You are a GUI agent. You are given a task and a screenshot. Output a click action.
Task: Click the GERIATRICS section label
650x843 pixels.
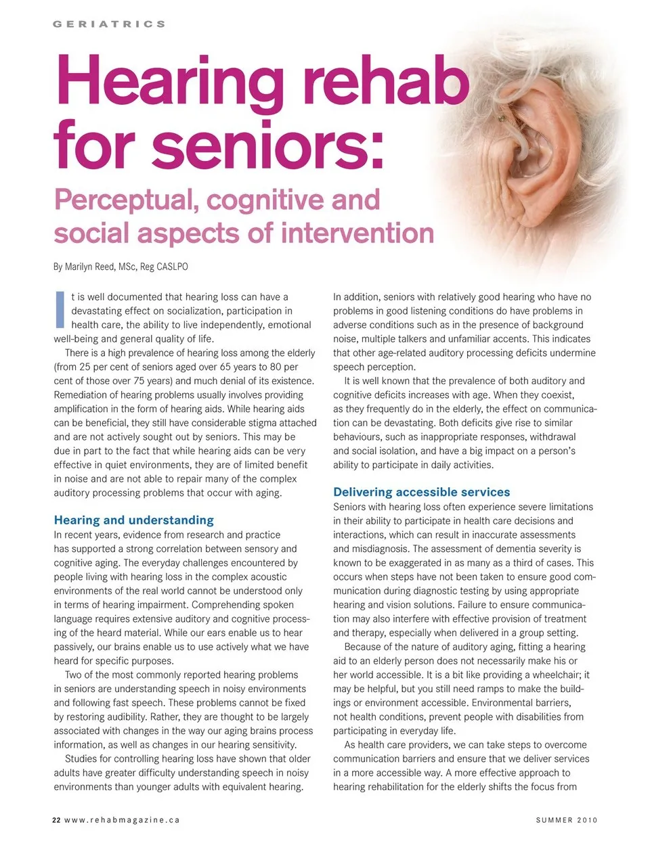109,24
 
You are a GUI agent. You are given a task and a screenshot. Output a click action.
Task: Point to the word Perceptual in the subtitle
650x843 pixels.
126,200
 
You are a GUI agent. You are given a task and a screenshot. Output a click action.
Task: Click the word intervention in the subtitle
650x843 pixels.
357,233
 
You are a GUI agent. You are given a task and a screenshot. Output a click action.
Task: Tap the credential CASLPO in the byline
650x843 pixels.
172,267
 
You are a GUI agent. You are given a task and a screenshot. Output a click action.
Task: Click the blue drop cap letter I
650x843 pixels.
60,309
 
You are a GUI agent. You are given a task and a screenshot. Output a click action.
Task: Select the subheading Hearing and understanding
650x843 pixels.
133,520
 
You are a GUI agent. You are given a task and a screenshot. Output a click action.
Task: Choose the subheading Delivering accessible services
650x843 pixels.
421,492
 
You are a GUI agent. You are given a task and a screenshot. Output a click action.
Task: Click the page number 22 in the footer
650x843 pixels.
56,820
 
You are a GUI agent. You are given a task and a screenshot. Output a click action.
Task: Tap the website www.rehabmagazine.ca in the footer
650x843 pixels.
122,820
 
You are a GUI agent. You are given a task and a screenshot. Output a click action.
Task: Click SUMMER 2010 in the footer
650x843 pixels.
566,820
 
